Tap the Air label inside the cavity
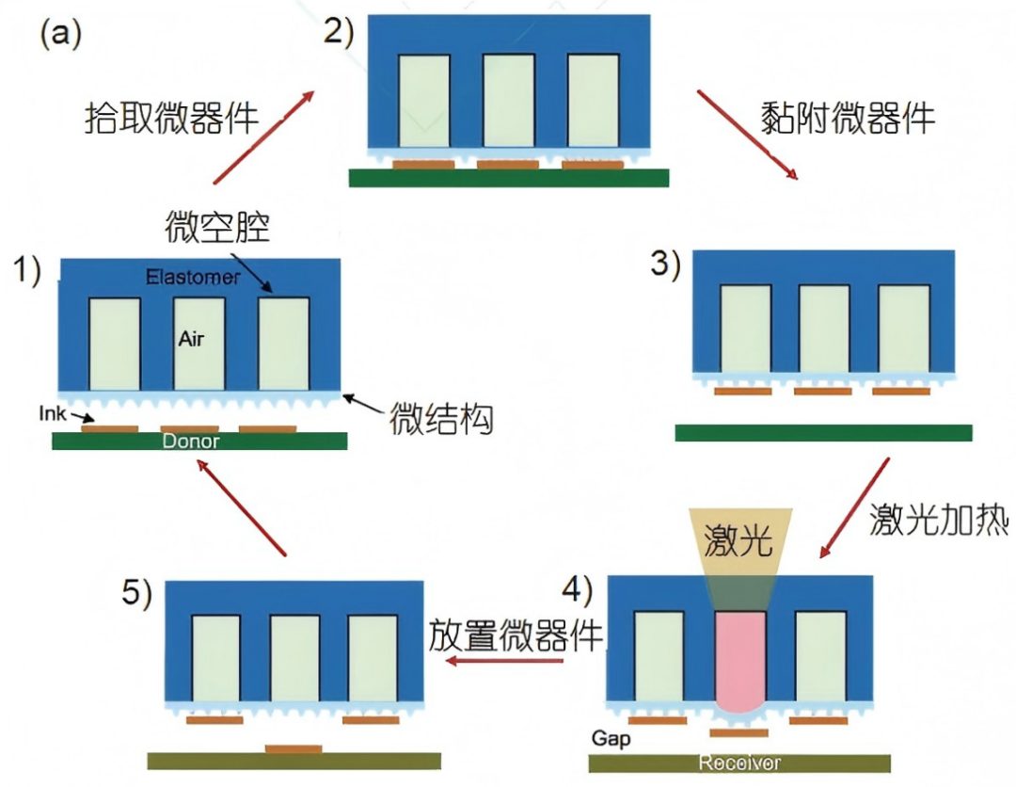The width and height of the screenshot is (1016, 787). (x=191, y=340)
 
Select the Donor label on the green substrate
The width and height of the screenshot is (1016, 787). (x=193, y=441)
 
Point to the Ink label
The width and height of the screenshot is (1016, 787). (x=53, y=412)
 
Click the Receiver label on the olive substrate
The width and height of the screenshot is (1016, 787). (x=739, y=762)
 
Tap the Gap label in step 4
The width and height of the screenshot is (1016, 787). (x=611, y=738)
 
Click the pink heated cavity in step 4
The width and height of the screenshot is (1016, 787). (x=740, y=659)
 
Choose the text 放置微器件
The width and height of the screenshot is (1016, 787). (x=516, y=635)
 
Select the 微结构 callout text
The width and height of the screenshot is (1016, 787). (x=441, y=420)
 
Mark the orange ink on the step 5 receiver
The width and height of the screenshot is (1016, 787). (x=293, y=748)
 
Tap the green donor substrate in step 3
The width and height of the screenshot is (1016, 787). (x=823, y=432)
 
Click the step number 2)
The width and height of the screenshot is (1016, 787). (x=338, y=32)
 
